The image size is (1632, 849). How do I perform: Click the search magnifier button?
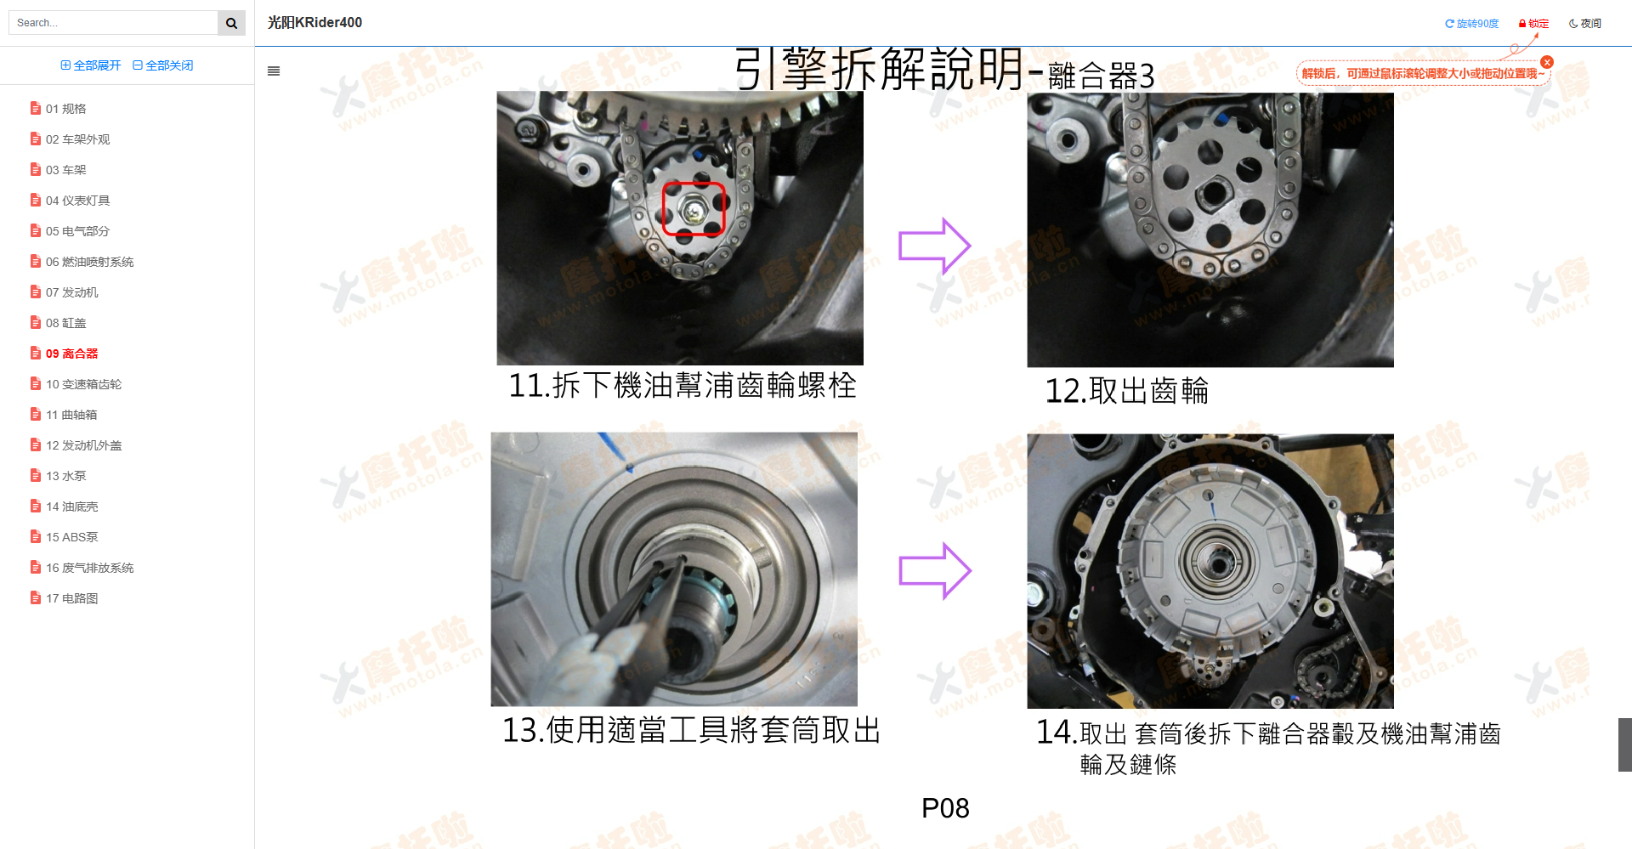231,23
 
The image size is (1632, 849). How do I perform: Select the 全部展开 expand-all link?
91,65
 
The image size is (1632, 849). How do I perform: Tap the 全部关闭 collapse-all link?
163,65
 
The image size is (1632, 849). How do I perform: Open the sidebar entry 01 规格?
65,109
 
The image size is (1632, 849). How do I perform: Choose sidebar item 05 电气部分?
77,231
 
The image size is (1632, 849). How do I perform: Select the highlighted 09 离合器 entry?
71,354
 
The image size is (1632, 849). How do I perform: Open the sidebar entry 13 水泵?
65,476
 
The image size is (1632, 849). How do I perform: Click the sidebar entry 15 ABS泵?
71,537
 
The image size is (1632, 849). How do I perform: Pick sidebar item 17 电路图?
71,598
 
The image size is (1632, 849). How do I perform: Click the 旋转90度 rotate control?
1472,24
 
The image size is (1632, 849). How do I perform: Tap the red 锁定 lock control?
1534,24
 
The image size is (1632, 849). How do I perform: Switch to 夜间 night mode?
1585,24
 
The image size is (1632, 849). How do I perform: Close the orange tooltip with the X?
1547,62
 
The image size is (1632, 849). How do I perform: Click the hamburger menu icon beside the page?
274,71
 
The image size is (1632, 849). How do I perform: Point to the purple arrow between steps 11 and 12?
934,246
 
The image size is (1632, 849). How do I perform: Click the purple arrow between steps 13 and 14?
934,570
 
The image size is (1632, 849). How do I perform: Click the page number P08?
945,808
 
